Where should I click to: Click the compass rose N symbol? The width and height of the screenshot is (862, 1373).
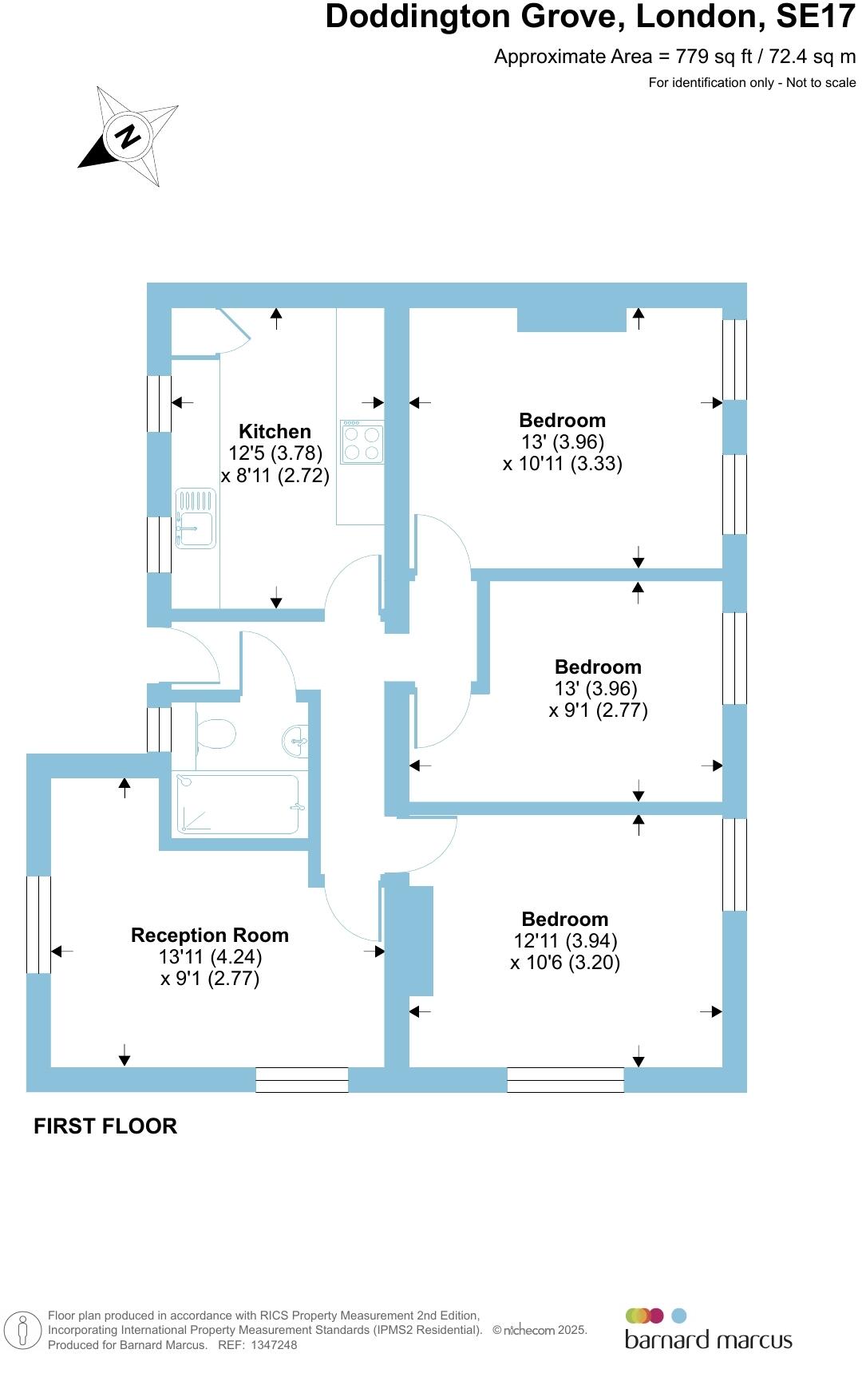click(x=128, y=137)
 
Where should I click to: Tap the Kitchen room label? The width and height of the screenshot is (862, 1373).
click(x=275, y=432)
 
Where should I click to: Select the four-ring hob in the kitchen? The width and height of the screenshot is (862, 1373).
click(x=362, y=442)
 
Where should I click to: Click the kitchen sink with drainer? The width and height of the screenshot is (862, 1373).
click(x=196, y=519)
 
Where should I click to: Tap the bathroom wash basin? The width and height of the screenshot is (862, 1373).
click(x=296, y=741)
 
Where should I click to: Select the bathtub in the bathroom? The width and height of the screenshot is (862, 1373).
click(x=238, y=804)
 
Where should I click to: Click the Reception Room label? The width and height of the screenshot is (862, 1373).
click(x=209, y=935)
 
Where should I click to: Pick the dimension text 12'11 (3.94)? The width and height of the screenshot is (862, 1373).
click(x=565, y=941)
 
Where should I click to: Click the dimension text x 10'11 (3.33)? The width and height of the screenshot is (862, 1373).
click(x=562, y=463)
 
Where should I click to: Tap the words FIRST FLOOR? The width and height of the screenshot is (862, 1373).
click(x=105, y=1126)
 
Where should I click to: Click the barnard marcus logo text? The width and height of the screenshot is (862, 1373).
click(x=708, y=1339)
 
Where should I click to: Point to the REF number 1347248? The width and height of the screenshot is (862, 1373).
click(x=273, y=1345)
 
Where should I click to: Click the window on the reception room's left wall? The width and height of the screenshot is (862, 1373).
click(x=38, y=924)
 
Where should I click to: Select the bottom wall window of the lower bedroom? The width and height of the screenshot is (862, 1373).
click(x=565, y=1079)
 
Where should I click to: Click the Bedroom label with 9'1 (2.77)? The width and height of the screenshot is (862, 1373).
click(x=598, y=667)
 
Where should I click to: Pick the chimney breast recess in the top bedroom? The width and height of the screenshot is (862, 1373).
click(x=571, y=319)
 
